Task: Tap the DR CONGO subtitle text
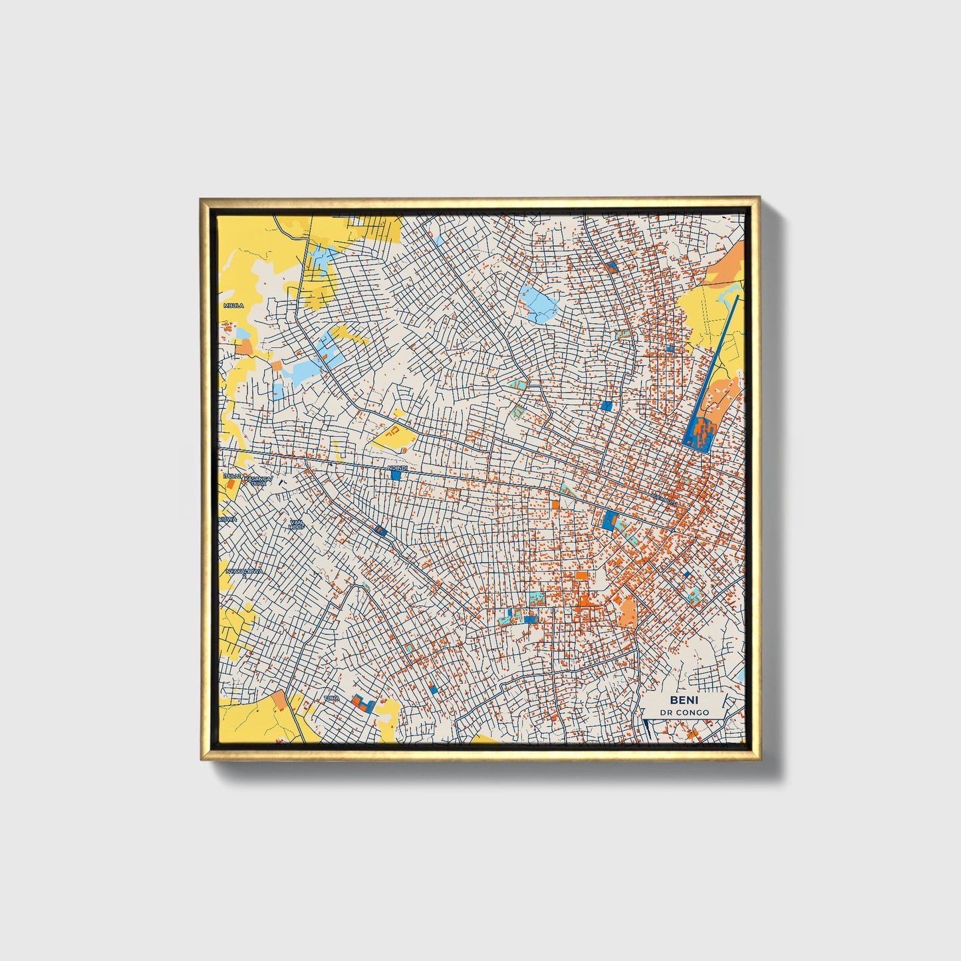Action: click(684, 712)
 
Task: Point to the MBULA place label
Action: click(233, 305)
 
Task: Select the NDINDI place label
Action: click(396, 468)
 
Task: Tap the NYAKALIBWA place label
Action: click(244, 571)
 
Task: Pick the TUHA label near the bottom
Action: click(331, 698)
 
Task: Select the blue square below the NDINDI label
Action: click(396, 476)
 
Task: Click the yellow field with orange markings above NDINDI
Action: click(394, 436)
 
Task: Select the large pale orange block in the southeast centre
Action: click(626, 611)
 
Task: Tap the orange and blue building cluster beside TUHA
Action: click(363, 703)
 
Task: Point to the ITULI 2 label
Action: click(231, 477)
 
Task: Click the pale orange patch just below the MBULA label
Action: click(244, 346)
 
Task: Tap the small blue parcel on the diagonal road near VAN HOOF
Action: click(380, 530)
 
